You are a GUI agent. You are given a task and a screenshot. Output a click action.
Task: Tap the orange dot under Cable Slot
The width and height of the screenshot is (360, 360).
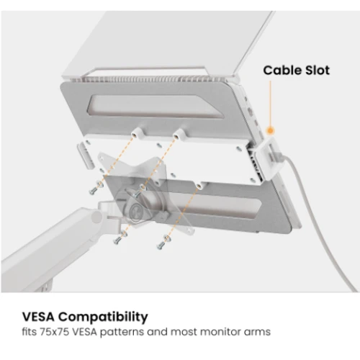click(271, 130)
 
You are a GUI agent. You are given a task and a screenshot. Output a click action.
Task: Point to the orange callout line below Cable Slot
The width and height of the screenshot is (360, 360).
click(271, 104)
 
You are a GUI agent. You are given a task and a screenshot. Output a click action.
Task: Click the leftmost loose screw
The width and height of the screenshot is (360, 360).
click(93, 191)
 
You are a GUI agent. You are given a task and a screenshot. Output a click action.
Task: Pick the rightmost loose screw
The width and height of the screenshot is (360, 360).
click(161, 245)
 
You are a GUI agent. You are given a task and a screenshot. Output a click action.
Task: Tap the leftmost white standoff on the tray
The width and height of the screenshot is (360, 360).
click(138, 132)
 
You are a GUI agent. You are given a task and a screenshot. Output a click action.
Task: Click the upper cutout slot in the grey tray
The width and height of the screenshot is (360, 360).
click(156, 107)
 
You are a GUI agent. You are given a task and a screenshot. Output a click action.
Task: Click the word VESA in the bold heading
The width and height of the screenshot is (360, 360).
click(38, 317)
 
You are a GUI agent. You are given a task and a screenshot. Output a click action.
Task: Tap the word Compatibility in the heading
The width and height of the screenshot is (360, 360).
click(103, 318)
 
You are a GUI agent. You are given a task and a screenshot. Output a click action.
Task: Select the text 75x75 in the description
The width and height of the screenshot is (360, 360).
click(54, 332)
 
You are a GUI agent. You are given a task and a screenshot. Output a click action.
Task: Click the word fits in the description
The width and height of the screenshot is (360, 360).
click(30, 332)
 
